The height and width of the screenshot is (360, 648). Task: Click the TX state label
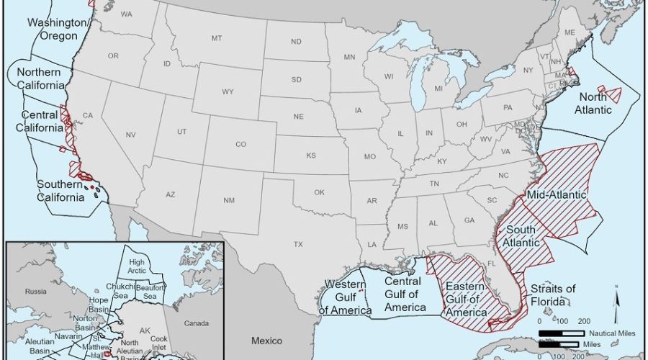tap(298, 245)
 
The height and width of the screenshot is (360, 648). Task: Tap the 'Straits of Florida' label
tap(553, 294)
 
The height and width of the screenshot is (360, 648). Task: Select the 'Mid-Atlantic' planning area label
tap(557, 195)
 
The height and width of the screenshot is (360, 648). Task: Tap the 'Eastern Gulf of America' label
tap(467, 299)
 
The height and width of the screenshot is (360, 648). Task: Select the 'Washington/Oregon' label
tap(60, 30)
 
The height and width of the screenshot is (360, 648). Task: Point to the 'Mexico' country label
tap(266, 340)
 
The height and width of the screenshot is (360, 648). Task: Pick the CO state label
tap(240, 144)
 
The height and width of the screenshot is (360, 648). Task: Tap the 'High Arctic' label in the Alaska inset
tap(138, 267)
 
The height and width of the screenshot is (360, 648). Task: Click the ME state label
tap(570, 32)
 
